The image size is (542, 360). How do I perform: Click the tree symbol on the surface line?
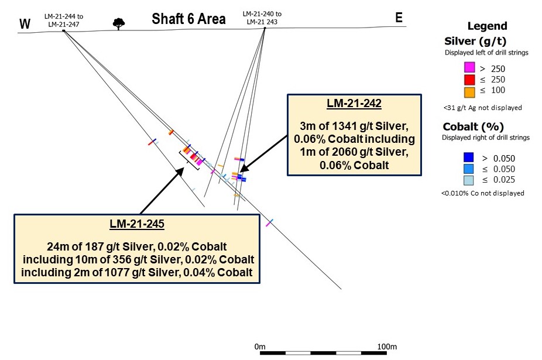[x=119, y=24]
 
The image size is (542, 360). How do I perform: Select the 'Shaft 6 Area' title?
[x=188, y=19]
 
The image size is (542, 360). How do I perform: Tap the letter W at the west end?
[x=25, y=24]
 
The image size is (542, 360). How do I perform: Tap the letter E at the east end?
[x=399, y=18]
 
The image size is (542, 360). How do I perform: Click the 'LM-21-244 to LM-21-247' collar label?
[x=64, y=20]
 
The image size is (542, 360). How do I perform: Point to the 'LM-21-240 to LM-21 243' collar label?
[x=262, y=18]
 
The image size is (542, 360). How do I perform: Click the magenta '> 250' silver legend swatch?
[x=469, y=67]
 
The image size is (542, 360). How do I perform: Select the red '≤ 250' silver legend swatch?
[x=469, y=80]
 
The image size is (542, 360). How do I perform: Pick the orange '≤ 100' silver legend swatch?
[x=469, y=92]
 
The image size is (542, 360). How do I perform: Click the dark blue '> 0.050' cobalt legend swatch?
[x=468, y=157]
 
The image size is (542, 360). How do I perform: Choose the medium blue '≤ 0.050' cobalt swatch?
[x=468, y=169]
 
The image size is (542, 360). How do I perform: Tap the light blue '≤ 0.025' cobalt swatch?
[x=468, y=180]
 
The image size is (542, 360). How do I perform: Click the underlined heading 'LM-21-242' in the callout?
[x=354, y=103]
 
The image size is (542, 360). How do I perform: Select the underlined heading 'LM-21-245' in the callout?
[x=137, y=224]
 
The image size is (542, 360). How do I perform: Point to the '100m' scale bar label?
[x=387, y=347]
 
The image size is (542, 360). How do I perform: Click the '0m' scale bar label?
[x=260, y=347]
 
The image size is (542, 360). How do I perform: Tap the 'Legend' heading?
[x=488, y=26]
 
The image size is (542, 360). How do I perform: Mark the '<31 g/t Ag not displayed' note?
[x=482, y=108]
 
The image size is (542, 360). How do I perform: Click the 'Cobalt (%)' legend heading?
[x=473, y=126]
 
